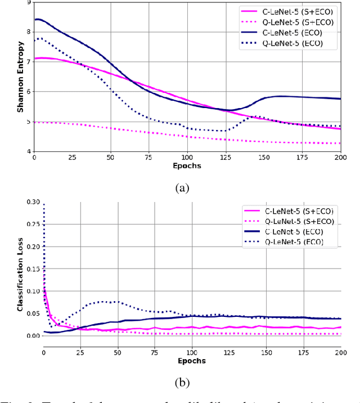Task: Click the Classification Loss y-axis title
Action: click(x=20, y=274)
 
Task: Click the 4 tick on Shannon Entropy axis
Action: click(x=29, y=151)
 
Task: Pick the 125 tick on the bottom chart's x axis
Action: click(x=228, y=352)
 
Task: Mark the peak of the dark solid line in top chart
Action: click(x=37, y=19)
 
